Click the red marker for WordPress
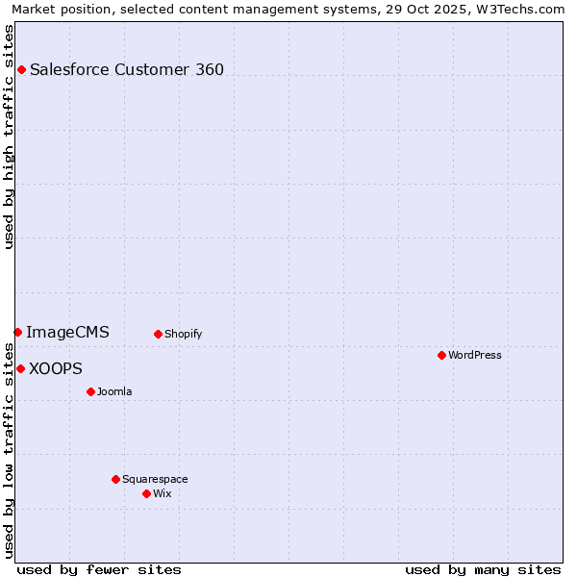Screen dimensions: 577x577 click(x=441, y=355)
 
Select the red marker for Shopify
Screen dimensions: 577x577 click(x=158, y=334)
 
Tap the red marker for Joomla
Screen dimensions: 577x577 click(x=90, y=391)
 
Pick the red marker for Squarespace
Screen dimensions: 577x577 click(x=115, y=479)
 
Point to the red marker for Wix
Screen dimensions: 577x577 click(x=146, y=493)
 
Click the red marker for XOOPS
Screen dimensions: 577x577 click(x=20, y=368)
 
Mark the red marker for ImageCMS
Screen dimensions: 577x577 click(x=17, y=332)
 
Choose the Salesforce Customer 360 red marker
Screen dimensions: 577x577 click(x=21, y=69)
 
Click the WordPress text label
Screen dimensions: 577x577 click(x=475, y=355)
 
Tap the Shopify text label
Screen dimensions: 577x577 click(x=184, y=334)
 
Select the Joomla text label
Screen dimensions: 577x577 click(x=114, y=391)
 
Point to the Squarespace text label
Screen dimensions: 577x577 click(x=155, y=479)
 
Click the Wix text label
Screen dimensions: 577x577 click(x=163, y=493)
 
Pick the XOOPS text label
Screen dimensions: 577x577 click(x=56, y=368)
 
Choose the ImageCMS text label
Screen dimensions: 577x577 click(x=67, y=333)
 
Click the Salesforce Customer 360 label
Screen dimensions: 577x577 click(x=127, y=69)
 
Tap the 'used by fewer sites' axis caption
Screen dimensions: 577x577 click(x=99, y=569)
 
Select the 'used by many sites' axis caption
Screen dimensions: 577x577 click(x=483, y=569)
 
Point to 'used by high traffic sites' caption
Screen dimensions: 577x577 click(x=9, y=137)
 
